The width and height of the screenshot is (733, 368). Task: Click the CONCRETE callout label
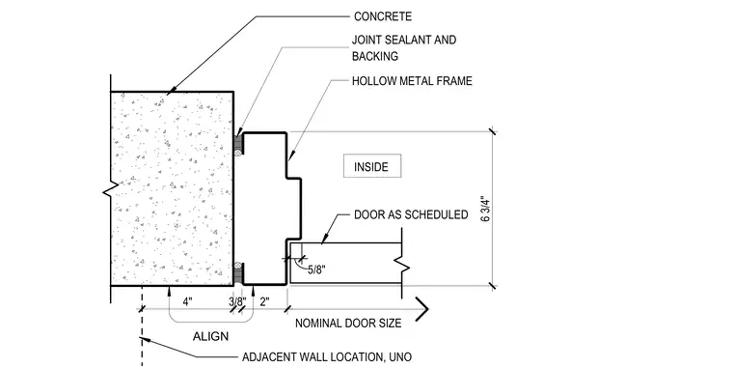[x=383, y=16]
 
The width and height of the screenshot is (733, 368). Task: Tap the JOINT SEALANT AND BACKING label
[x=404, y=47]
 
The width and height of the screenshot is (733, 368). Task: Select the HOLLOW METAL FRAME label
[x=412, y=81]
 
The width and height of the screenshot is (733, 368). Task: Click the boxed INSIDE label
[x=372, y=166]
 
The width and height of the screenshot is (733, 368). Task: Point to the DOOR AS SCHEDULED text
[x=411, y=214]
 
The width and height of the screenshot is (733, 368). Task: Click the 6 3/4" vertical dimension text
[x=486, y=211]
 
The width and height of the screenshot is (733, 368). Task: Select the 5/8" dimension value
[x=316, y=269]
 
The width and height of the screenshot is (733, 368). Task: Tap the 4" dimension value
[x=187, y=302]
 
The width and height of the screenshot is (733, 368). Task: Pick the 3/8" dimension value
[x=237, y=302]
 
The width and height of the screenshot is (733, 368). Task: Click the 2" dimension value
[x=264, y=302]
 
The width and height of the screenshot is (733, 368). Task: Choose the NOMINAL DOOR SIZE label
[x=348, y=323]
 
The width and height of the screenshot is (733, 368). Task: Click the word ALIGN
[x=211, y=336]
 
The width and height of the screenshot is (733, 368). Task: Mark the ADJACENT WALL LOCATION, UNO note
[x=327, y=357]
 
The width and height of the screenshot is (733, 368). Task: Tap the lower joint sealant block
[x=238, y=271]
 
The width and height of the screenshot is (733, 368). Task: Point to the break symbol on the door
[x=402, y=265]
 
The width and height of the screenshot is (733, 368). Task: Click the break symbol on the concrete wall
[x=110, y=190]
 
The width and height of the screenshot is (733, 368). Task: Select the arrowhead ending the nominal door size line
[x=422, y=309]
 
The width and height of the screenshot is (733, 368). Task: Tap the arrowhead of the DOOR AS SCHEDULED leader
[x=324, y=239]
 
